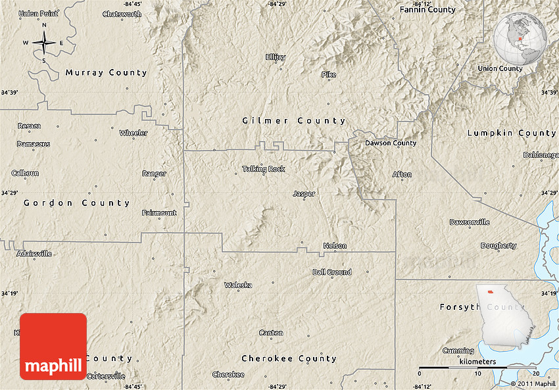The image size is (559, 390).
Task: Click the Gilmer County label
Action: click(x=294, y=121)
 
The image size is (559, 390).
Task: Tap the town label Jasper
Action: click(x=304, y=194)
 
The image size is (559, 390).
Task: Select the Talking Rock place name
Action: click(x=264, y=169)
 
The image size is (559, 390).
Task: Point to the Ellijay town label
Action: click(x=276, y=57)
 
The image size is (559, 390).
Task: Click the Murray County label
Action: click(x=106, y=73)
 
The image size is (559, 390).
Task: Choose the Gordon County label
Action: click(x=77, y=203)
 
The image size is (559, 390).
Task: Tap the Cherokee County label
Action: click(x=289, y=358)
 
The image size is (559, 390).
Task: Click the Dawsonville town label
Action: click(x=470, y=222)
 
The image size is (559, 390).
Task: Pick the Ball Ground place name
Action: click(x=331, y=272)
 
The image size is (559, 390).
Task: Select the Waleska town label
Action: click(x=238, y=285)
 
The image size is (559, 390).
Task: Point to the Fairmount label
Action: click(x=159, y=213)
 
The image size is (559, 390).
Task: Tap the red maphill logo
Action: click(x=53, y=347)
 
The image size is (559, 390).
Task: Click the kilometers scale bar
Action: click(x=479, y=367)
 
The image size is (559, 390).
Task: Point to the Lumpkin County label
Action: click(x=512, y=133)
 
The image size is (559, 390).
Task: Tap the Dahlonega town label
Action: click(x=541, y=155)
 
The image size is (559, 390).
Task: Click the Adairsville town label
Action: click(x=34, y=253)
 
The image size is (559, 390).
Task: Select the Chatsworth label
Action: click(x=122, y=14)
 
